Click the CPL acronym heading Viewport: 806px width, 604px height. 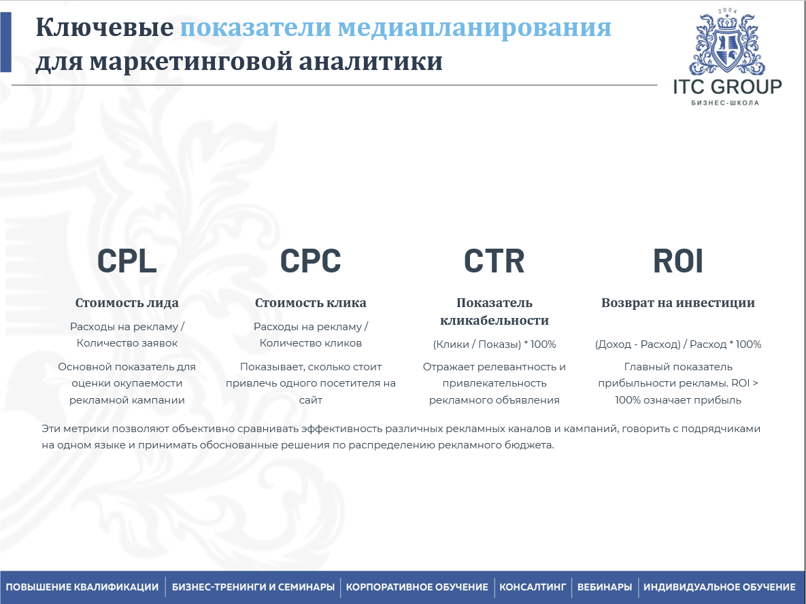(127, 260)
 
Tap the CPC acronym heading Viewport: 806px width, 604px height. (310, 260)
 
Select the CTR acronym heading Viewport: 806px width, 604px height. (494, 260)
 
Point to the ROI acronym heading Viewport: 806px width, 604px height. (678, 260)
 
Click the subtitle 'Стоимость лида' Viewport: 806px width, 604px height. (127, 303)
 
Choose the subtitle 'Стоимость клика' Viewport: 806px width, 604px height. (310, 303)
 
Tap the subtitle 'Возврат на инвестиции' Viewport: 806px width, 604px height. (678, 303)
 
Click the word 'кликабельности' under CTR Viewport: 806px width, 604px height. (494, 321)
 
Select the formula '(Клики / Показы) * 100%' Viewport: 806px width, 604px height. (494, 344)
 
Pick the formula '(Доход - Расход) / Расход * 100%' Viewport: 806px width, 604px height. (678, 344)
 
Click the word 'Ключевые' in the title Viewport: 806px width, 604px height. (104, 27)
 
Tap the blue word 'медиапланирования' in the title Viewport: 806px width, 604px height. (475, 29)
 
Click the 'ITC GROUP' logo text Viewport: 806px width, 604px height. (727, 86)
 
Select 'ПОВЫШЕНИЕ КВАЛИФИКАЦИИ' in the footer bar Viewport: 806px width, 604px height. (82, 587)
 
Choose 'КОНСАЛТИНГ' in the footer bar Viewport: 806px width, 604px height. (533, 587)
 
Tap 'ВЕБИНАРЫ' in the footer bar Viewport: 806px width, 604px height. (605, 587)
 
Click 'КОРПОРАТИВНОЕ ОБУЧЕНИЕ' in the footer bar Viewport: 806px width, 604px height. (417, 587)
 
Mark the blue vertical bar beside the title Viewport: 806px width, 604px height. (5, 42)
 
